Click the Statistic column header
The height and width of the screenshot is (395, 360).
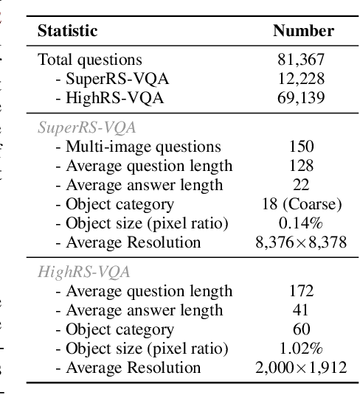pyautogui.click(x=67, y=31)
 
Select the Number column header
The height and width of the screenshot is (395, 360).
pyautogui.click(x=303, y=31)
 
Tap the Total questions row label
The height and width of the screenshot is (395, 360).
pyautogui.click(x=89, y=60)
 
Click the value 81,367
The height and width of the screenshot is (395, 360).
pyautogui.click(x=303, y=60)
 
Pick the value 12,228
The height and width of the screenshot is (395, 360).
pyautogui.click(x=303, y=79)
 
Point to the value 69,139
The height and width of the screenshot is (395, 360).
pyautogui.click(x=303, y=98)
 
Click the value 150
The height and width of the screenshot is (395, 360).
pyautogui.click(x=303, y=147)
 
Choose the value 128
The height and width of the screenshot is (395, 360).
pyautogui.click(x=303, y=166)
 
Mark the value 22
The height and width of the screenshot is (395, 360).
pyautogui.click(x=303, y=185)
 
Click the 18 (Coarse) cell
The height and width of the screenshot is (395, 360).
pyautogui.click(x=303, y=204)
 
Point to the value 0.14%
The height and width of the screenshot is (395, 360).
pyautogui.click(x=303, y=223)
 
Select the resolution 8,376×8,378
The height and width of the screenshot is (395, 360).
pyautogui.click(x=303, y=242)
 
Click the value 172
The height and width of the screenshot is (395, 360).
pyautogui.click(x=303, y=291)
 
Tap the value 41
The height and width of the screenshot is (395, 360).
pyautogui.click(x=303, y=310)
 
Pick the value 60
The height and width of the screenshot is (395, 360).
pyautogui.click(x=303, y=329)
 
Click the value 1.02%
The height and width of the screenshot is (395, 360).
pyautogui.click(x=303, y=349)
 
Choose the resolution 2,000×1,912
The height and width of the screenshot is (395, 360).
pyautogui.click(x=303, y=368)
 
